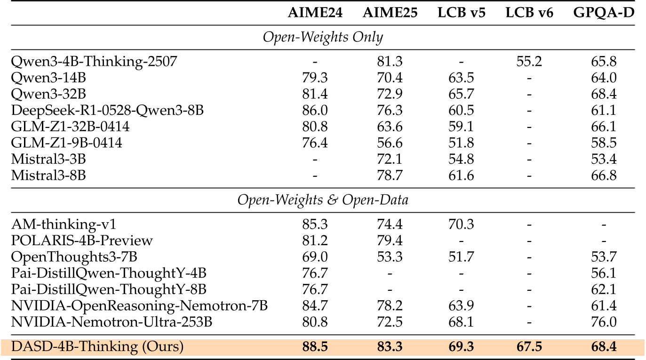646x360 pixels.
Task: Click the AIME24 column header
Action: [x=315, y=13]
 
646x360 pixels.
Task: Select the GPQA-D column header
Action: [x=604, y=13]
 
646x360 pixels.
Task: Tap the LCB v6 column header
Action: [x=529, y=13]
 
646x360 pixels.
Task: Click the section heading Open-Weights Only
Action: [x=323, y=37]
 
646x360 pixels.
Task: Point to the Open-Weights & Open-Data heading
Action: [x=323, y=200]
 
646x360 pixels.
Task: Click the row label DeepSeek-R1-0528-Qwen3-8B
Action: [x=108, y=111]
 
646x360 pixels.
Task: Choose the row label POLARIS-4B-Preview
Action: [x=82, y=240]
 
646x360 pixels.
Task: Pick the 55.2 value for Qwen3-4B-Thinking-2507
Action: [x=529, y=62]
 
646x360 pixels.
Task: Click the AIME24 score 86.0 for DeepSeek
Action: [x=315, y=111]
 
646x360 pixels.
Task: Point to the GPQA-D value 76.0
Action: [x=604, y=322]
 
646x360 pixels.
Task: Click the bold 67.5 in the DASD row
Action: [x=529, y=347]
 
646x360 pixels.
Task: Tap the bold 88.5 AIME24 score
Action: [x=315, y=347]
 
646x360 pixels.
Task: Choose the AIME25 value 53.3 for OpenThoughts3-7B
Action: [x=390, y=257]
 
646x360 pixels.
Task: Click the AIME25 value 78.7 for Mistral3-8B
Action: [x=390, y=176]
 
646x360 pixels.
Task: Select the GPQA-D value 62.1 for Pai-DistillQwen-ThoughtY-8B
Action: [x=604, y=289]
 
